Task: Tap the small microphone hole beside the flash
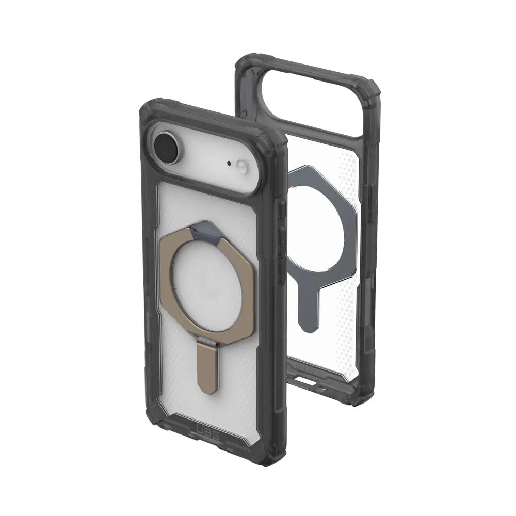coord(229,164)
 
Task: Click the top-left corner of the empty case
coord(243,64)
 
